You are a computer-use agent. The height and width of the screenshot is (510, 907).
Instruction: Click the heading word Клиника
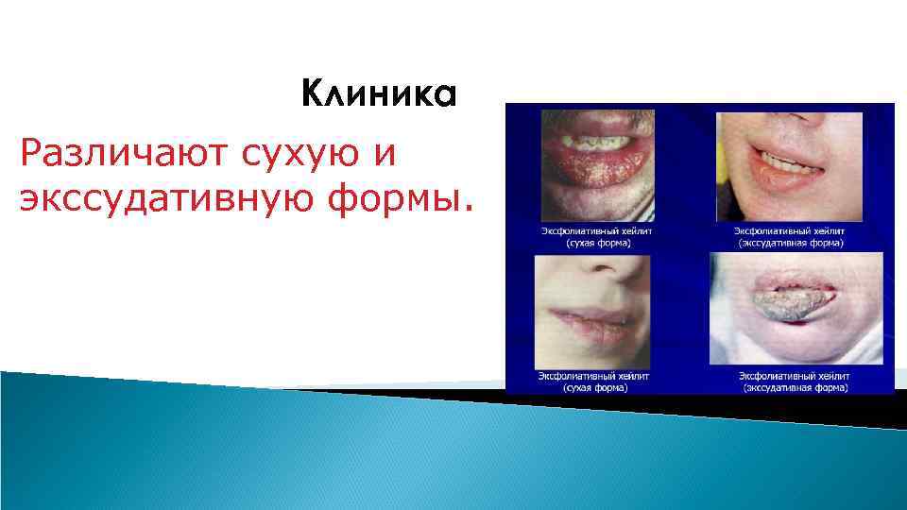379,95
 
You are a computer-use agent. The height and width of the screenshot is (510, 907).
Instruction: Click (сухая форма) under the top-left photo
598,242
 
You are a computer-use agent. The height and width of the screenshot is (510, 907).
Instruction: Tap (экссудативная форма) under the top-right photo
791,242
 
